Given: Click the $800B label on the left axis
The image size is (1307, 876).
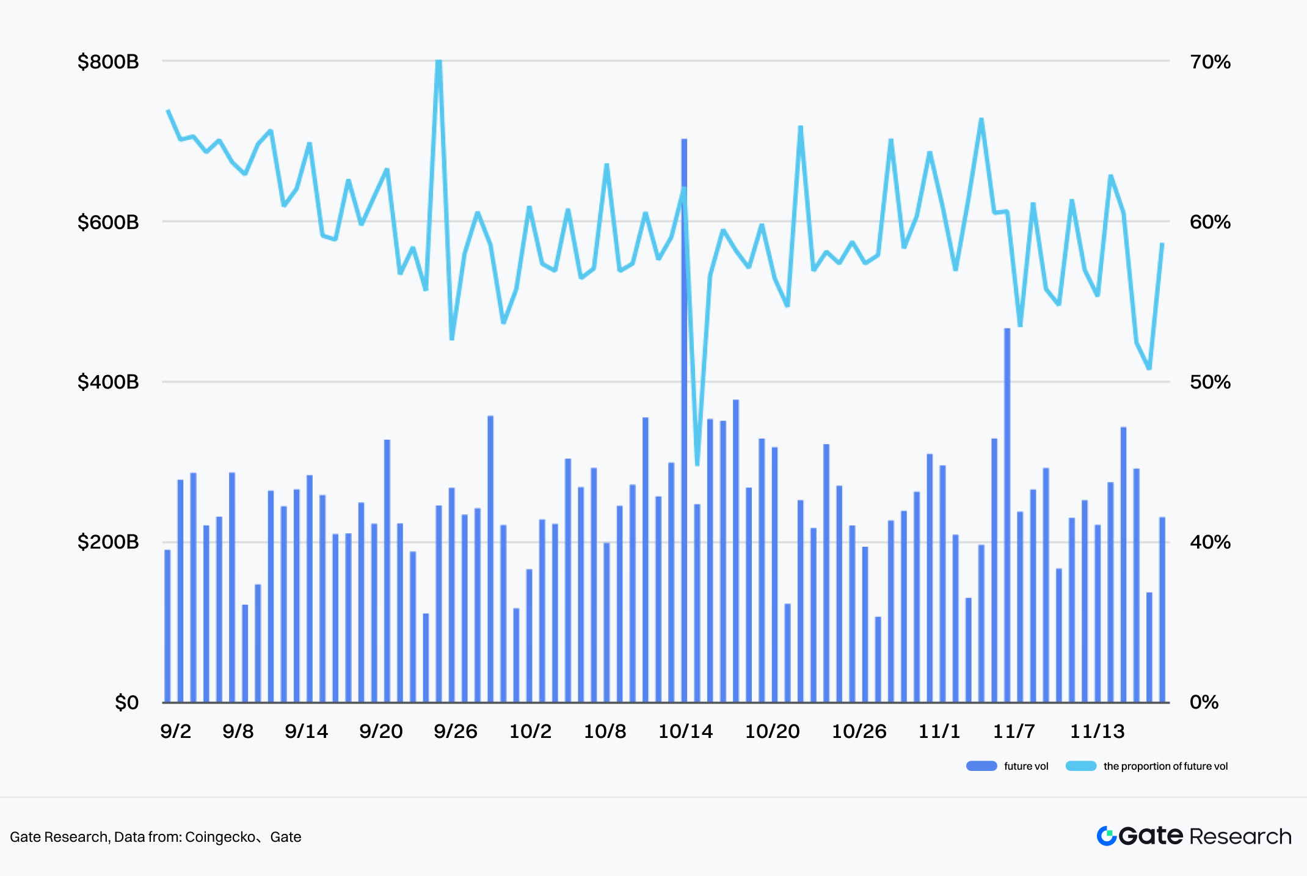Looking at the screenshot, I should pyautogui.click(x=108, y=62).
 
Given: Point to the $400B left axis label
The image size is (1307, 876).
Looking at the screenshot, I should pyautogui.click(x=108, y=382).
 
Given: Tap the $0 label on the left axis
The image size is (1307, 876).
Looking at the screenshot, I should pyautogui.click(x=126, y=703).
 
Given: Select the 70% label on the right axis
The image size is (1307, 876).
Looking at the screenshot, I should pyautogui.click(x=1210, y=62).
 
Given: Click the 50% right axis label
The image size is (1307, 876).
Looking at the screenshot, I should pyautogui.click(x=1210, y=382).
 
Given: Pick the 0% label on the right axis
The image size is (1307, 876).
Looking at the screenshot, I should pyautogui.click(x=1204, y=703).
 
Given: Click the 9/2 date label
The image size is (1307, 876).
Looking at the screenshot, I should pyautogui.click(x=175, y=731).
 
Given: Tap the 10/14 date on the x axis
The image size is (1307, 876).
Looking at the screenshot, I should pyautogui.click(x=685, y=731).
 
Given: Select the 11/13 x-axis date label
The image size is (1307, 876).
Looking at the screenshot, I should pyautogui.click(x=1097, y=731).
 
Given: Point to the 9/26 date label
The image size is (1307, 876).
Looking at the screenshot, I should pyautogui.click(x=455, y=731).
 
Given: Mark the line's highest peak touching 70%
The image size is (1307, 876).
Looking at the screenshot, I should pyautogui.click(x=439, y=63).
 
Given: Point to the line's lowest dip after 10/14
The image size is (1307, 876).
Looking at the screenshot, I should pyautogui.click(x=697, y=463).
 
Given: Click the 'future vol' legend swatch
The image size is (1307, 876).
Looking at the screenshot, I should pyautogui.click(x=981, y=766).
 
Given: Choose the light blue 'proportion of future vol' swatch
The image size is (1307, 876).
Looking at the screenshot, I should pyautogui.click(x=1081, y=766).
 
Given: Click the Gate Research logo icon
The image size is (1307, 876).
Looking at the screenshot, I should pyautogui.click(x=1107, y=836).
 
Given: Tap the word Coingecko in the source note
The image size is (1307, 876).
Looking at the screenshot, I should pyautogui.click(x=220, y=837).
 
